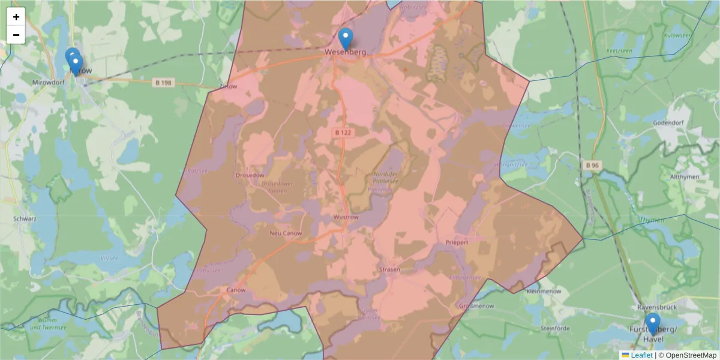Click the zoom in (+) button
click(16, 17)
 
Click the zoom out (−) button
click(16, 35)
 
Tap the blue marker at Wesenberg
click(346, 39)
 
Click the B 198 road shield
click(163, 83)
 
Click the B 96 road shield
click(592, 165)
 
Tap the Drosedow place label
click(251, 175)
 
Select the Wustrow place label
click(346, 217)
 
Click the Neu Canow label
click(286, 233)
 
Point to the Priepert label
click(457, 242)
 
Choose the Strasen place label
click(389, 270)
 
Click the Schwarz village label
click(25, 219)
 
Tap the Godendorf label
click(687, 122)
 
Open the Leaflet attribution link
click(641, 355)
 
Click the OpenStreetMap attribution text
click(691, 355)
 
